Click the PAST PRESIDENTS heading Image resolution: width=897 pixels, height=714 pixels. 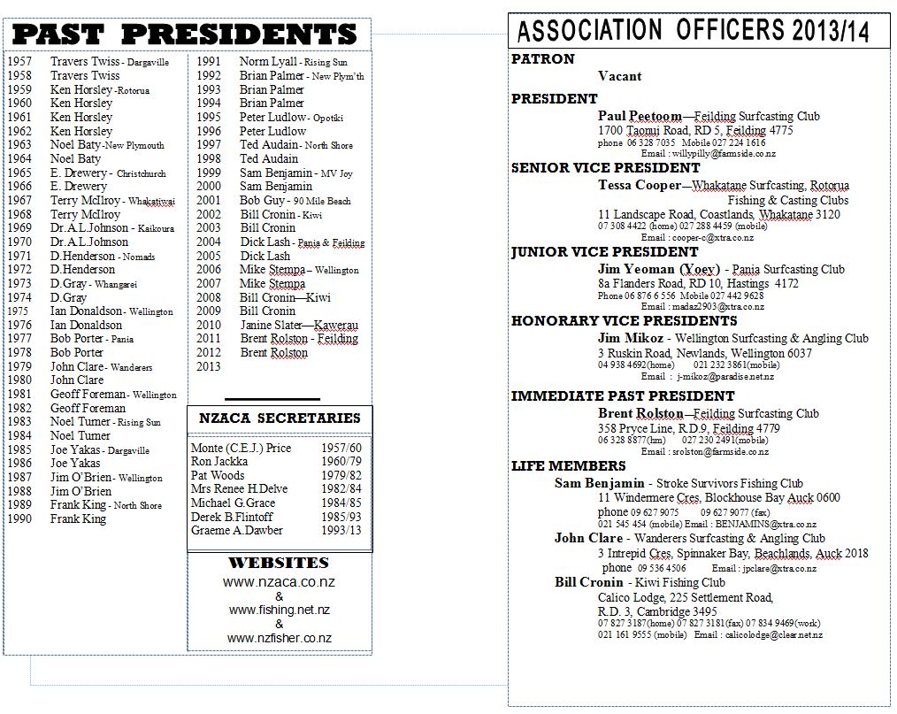pyautogui.click(x=185, y=35)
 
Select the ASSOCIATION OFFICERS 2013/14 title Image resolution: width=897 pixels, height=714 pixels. pyautogui.click(x=693, y=30)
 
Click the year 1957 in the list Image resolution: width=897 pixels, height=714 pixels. pyautogui.click(x=19, y=62)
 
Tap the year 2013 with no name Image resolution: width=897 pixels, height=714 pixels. pyautogui.click(x=209, y=366)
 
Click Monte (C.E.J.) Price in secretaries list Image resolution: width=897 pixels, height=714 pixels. pyautogui.click(x=241, y=448)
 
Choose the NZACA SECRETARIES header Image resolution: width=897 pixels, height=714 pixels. pyautogui.click(x=280, y=418)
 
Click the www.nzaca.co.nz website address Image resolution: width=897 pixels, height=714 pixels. pyautogui.click(x=279, y=582)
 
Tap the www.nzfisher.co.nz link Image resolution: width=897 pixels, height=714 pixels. pyautogui.click(x=279, y=638)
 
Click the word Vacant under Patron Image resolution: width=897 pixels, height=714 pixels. pyautogui.click(x=619, y=76)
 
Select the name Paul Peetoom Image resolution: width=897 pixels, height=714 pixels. pyautogui.click(x=640, y=116)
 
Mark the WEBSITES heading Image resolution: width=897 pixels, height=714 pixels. pyautogui.click(x=279, y=563)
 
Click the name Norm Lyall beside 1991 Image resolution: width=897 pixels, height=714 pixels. pyautogui.click(x=268, y=62)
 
